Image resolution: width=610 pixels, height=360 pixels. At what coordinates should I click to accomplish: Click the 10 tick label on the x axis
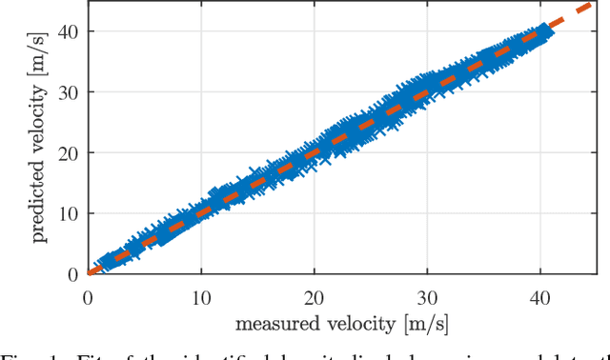[200, 296]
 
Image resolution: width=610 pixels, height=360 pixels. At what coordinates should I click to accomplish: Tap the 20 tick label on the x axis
[314, 296]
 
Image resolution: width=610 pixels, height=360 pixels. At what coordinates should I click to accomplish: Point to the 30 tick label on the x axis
[427, 296]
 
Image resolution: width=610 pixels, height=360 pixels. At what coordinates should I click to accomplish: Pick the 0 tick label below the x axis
[88, 296]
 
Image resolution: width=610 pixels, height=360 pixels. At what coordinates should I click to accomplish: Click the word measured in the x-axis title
[280, 325]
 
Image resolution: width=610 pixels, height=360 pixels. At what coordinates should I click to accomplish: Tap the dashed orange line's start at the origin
[90, 272]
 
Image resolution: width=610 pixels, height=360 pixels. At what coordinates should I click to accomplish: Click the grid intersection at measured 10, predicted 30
[200, 91]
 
